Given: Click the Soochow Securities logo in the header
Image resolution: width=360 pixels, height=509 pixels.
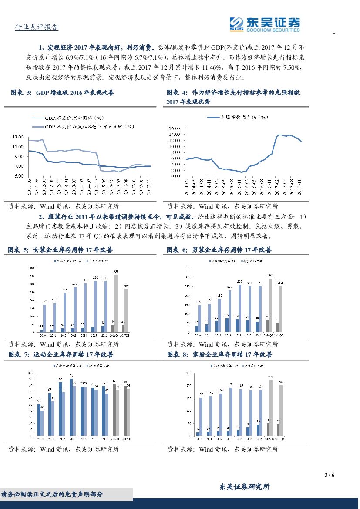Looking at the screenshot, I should tap(264, 24).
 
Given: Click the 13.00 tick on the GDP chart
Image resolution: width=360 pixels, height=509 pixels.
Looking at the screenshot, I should tap(18, 137).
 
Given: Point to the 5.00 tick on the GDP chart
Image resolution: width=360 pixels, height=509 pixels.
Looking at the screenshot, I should tap(18, 176).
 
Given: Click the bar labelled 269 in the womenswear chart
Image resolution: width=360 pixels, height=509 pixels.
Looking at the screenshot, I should tap(126, 310).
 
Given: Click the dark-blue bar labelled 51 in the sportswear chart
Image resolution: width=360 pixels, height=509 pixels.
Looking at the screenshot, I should tap(38, 420).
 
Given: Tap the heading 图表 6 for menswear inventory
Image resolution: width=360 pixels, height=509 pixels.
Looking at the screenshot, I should tap(219, 250).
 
